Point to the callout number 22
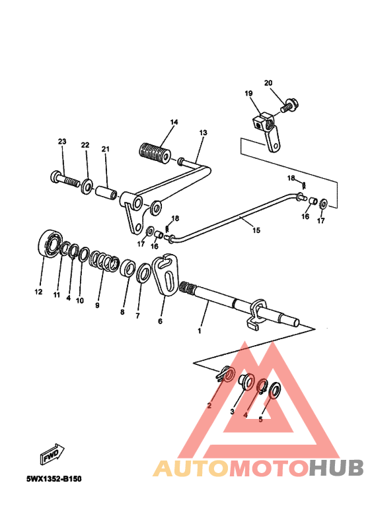(85, 144)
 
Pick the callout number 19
(249, 94)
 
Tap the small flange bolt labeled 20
(289, 104)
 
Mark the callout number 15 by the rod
(256, 231)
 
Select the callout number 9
(98, 305)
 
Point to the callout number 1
(199, 331)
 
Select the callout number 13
(203, 133)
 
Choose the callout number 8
(122, 311)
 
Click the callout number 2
(209, 405)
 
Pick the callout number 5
(260, 418)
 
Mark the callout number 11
(56, 294)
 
